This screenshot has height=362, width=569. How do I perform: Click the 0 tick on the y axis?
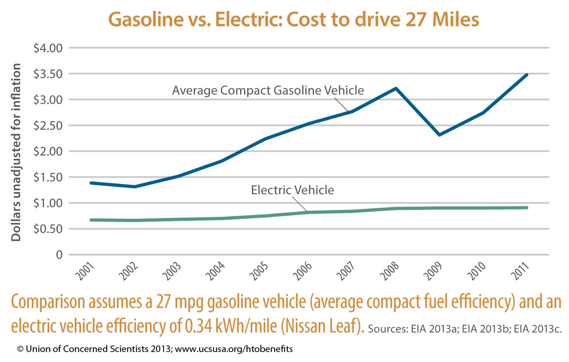(59, 255)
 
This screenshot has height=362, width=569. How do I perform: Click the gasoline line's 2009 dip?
(440, 135)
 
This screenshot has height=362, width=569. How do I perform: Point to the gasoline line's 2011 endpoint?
(527, 75)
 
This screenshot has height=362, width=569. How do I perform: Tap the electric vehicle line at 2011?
(527, 208)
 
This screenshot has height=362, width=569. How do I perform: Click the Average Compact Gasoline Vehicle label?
(268, 90)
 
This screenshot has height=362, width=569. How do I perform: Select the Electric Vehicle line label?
(293, 190)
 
